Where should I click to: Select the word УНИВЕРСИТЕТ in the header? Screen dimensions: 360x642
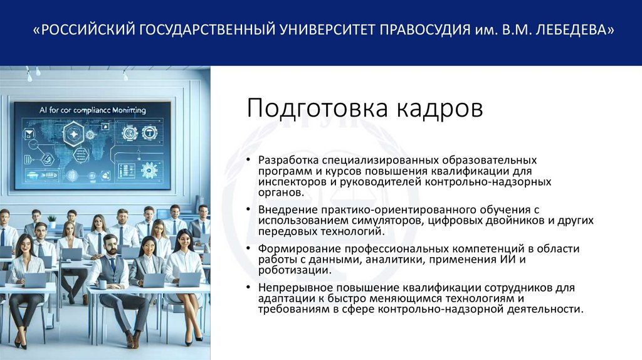(x=325, y=31)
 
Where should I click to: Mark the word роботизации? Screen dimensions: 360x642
(x=290, y=270)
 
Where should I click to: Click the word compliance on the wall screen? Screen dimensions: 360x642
(x=84, y=110)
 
